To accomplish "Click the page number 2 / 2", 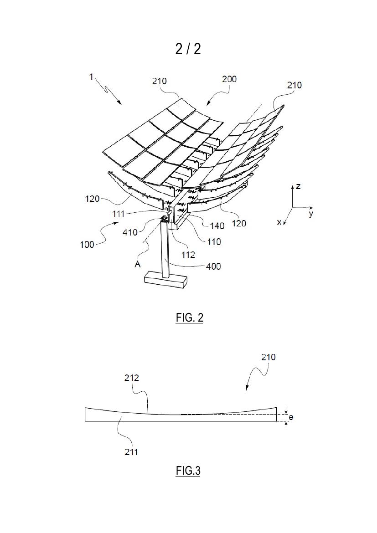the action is [188, 49].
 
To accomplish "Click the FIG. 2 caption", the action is [190, 318].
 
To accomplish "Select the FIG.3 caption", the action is [188, 471].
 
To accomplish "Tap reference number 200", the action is [229, 79].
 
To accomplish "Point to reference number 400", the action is [213, 266].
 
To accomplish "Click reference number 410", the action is [130, 232].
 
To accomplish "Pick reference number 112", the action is [188, 255].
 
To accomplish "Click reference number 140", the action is [217, 225].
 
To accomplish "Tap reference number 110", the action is [214, 242].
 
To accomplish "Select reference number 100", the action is [87, 244].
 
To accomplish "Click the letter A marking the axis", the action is [138, 264].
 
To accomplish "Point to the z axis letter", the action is [298, 186].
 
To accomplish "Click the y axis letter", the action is [311, 214].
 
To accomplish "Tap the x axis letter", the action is [279, 222].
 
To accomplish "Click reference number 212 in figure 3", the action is [132, 378].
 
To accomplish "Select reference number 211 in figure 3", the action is [131, 452].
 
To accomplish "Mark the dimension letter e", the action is [291, 417].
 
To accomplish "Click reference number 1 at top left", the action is [91, 77].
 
